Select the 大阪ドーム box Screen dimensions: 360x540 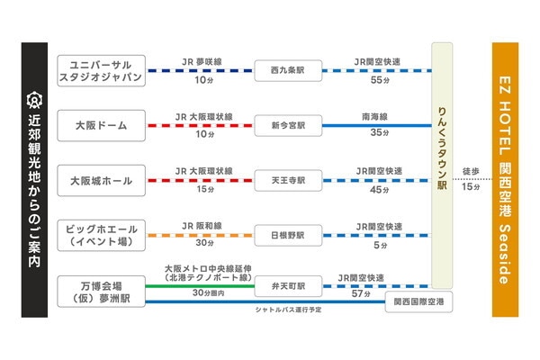pos(101,124)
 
